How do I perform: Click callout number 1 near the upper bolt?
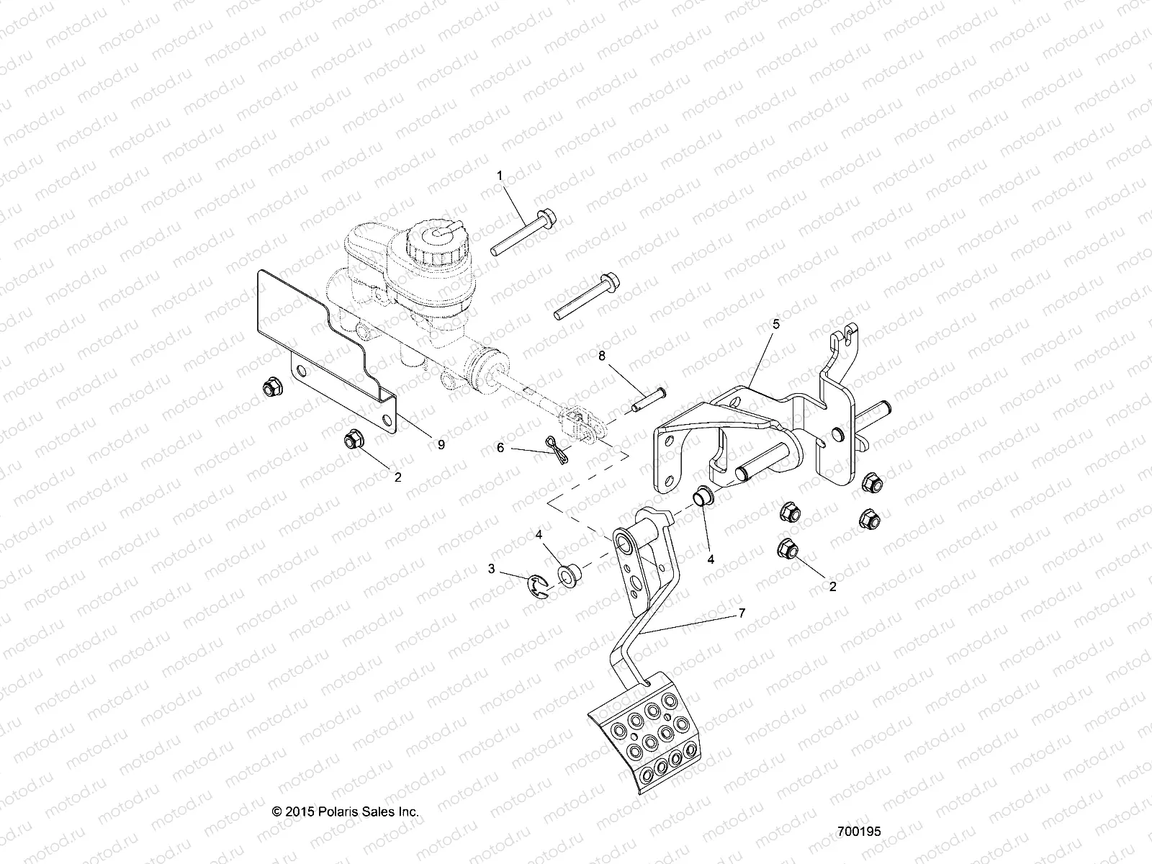[519, 175]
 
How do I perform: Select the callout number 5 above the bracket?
[775, 324]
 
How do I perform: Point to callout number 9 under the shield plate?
[441, 445]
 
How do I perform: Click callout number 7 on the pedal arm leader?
[742, 613]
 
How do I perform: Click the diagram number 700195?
[859, 831]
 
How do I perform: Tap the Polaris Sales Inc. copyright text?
[346, 811]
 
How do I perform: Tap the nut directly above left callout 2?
[353, 436]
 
